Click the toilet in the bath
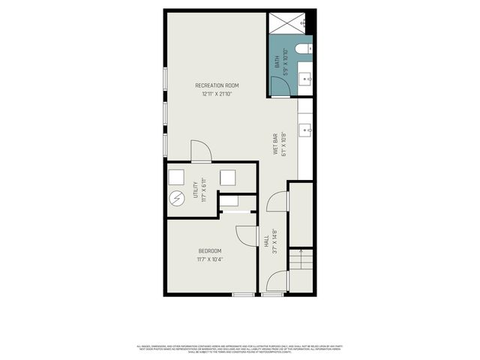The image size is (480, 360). (x=301, y=49)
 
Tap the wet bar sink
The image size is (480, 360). (x=304, y=130)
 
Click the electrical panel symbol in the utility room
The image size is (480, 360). (x=177, y=199)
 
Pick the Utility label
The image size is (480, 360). (x=196, y=189)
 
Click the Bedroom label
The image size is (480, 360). (x=210, y=250)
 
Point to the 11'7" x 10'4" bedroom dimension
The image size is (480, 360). (x=210, y=259)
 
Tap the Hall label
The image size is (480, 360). (x=266, y=241)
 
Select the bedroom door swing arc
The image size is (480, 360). (x=246, y=235)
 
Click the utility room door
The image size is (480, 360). (x=201, y=151)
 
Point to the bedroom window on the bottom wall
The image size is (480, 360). (x=243, y=295)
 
